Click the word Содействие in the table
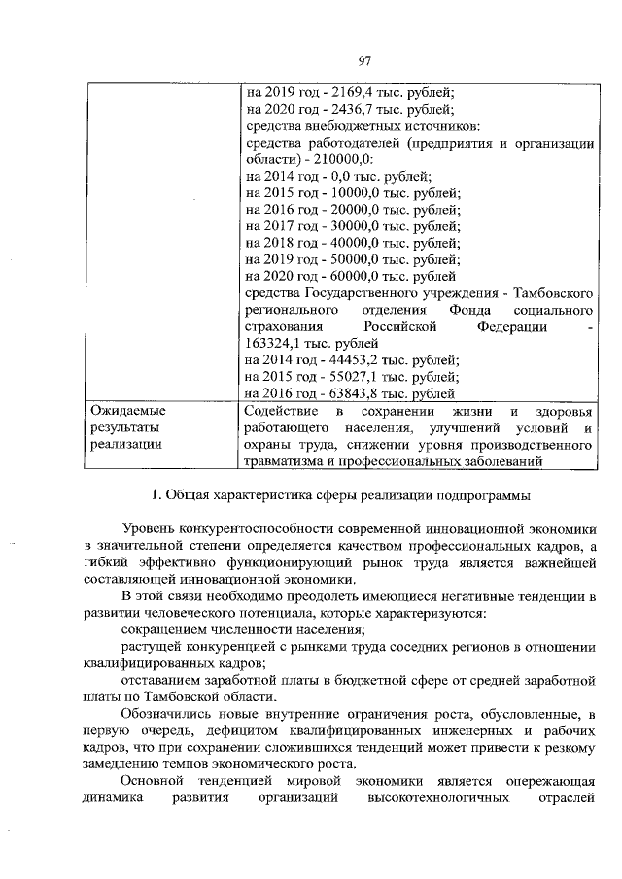[281, 411]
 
